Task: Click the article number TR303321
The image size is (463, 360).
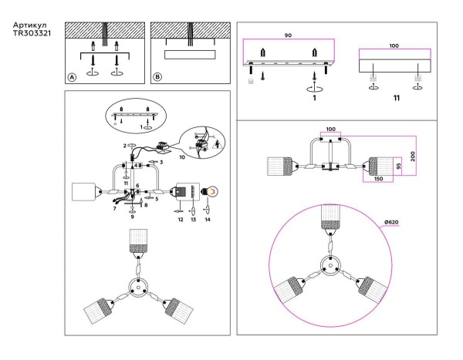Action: [x=32, y=35]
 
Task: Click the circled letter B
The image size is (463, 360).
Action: [x=158, y=77]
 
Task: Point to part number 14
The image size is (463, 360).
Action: [x=208, y=220]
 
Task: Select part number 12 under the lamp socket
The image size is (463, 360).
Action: [x=179, y=220]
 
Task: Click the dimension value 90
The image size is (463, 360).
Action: [x=288, y=35]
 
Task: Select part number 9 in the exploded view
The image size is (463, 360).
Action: [x=133, y=218]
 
